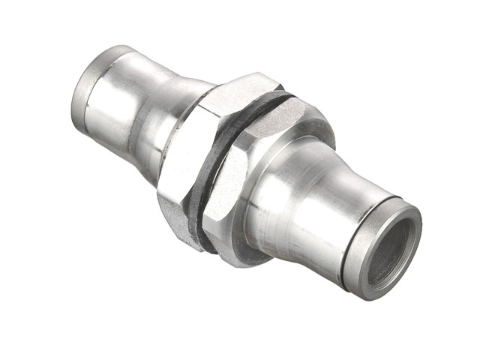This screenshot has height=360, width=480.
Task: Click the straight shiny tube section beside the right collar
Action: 322,217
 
